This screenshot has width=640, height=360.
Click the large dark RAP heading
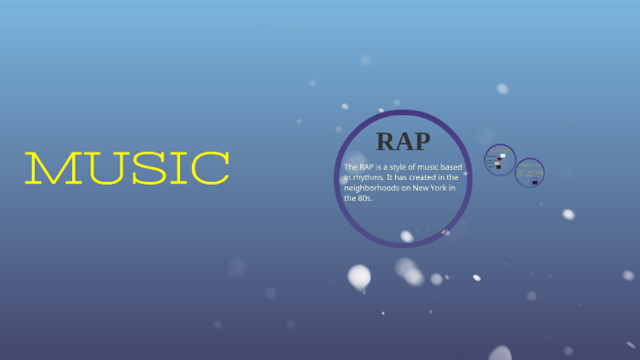tap(402, 141)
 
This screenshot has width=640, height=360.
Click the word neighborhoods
tap(373, 187)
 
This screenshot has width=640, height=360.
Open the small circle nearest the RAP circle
tap(500, 160)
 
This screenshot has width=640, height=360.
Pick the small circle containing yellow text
tap(529, 173)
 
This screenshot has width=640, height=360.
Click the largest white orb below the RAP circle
tap(359, 276)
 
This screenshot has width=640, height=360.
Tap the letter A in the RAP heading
tap(402, 141)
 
